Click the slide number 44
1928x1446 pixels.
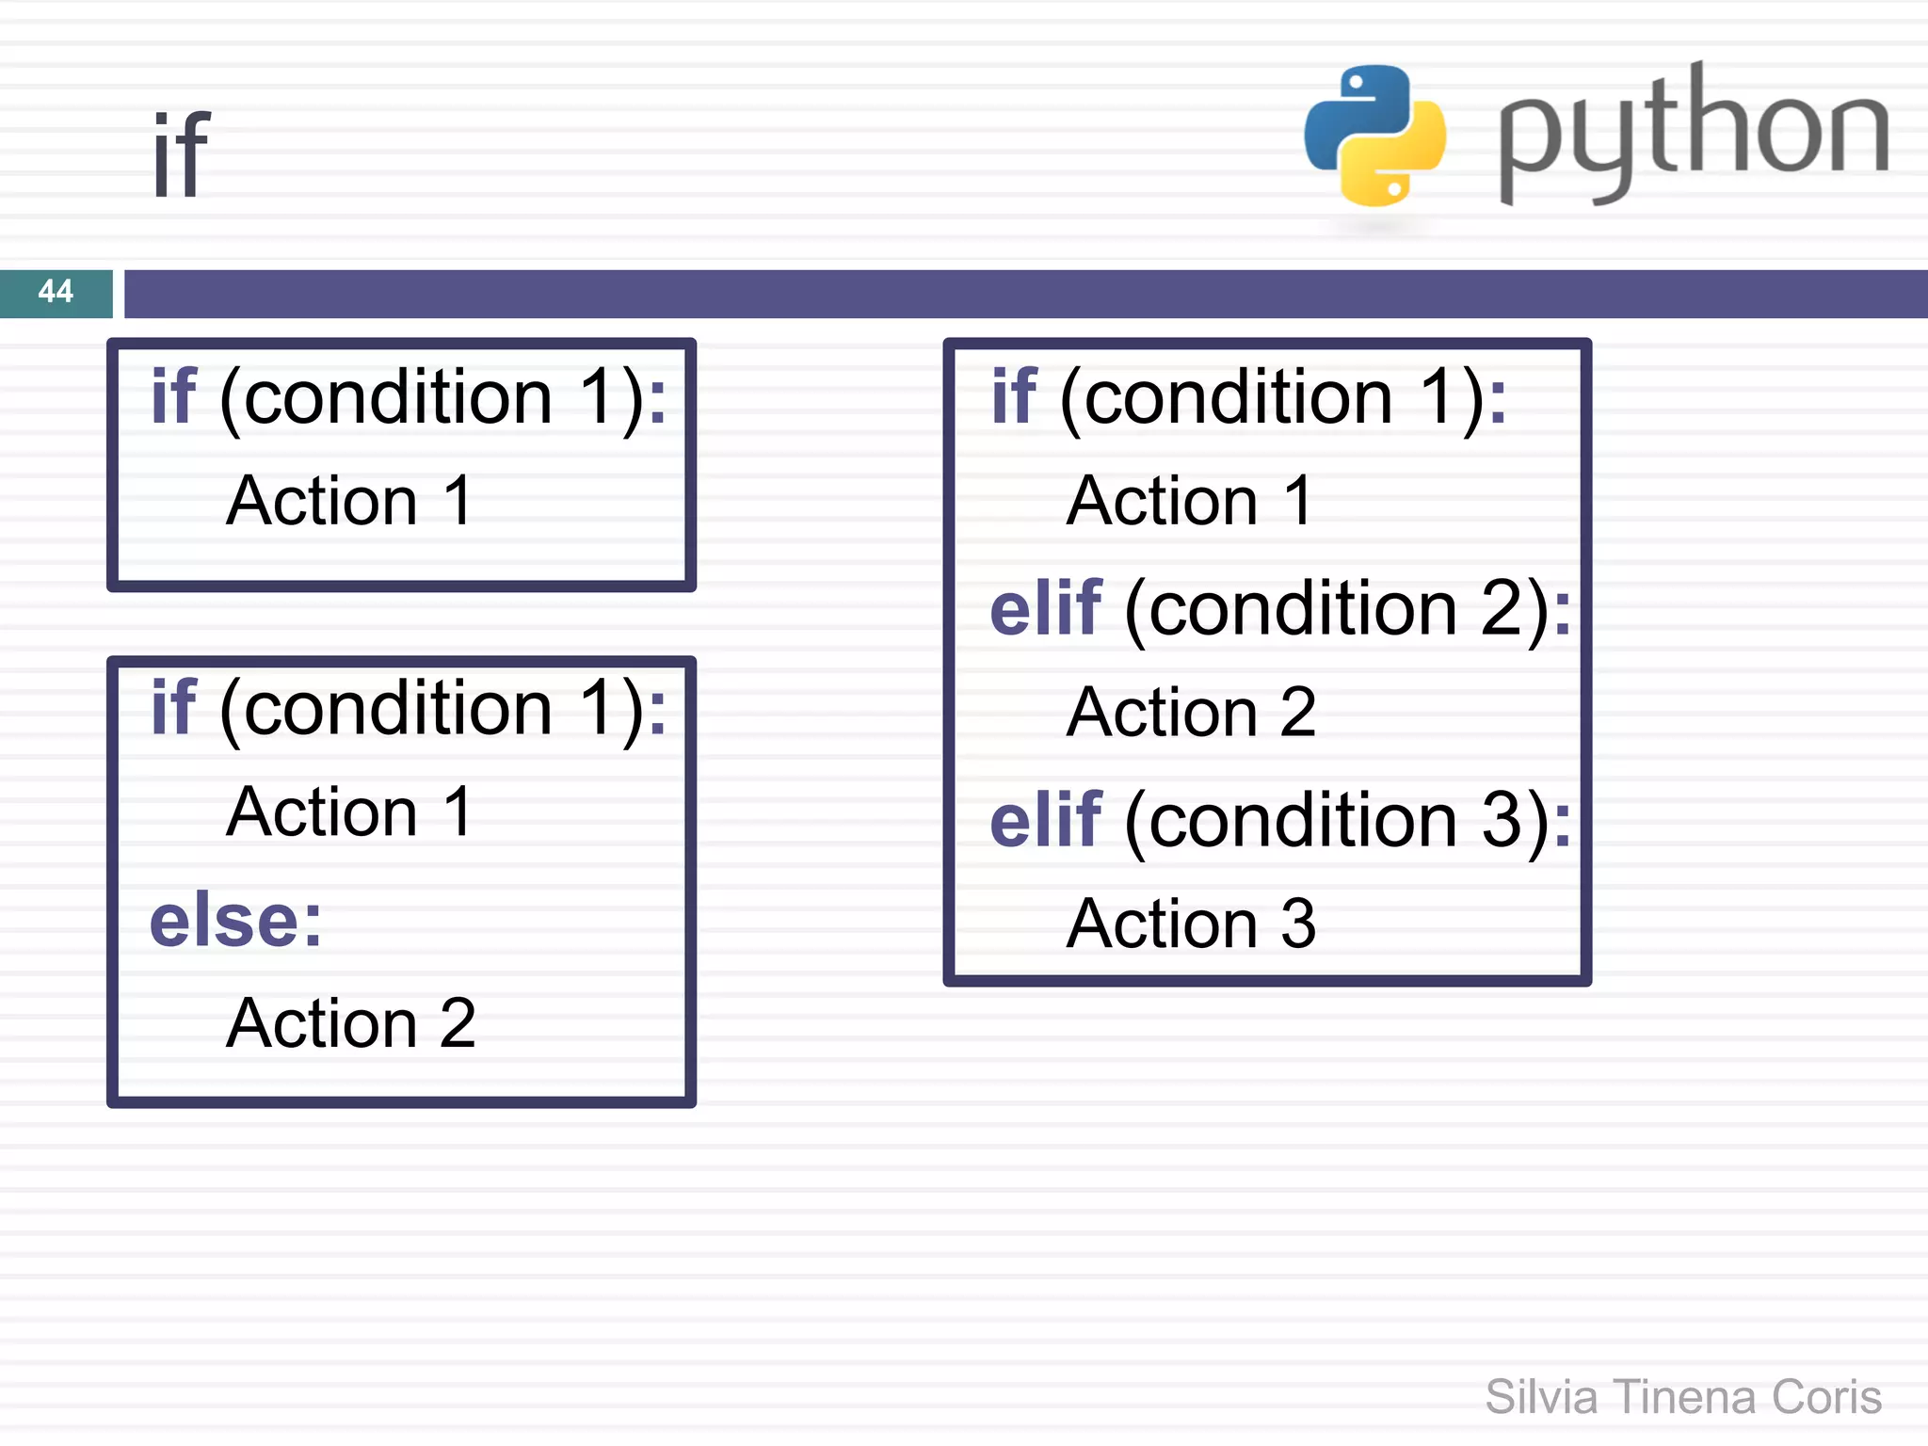click(x=56, y=291)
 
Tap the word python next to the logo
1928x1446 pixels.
click(x=1693, y=132)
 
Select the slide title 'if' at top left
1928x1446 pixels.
click(x=181, y=154)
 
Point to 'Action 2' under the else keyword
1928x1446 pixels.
click(x=351, y=1023)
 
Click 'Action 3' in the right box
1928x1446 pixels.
click(x=1191, y=924)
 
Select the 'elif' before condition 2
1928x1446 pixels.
click(x=1045, y=609)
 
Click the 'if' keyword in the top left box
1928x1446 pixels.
click(x=174, y=397)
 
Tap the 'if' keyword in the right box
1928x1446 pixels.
click(x=1014, y=397)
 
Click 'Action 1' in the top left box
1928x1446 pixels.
click(x=349, y=501)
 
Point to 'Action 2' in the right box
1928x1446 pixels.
click(x=1191, y=713)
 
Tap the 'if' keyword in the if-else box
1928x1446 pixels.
click(x=174, y=708)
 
